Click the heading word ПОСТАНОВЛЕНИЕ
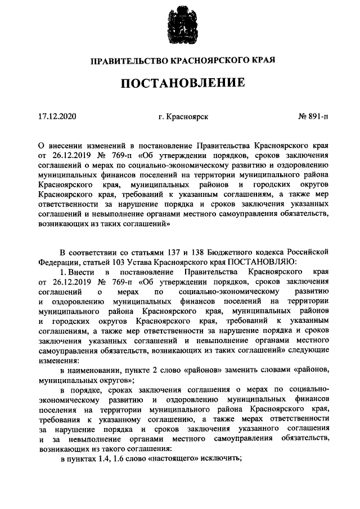click(180, 83)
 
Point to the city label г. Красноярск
click(184, 116)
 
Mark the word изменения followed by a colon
click(58, 360)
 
